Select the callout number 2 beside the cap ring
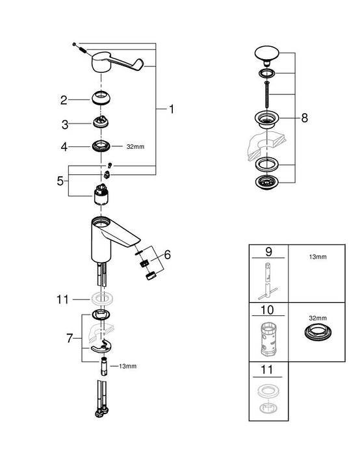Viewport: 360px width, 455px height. click(64, 100)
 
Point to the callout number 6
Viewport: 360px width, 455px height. click(168, 255)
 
